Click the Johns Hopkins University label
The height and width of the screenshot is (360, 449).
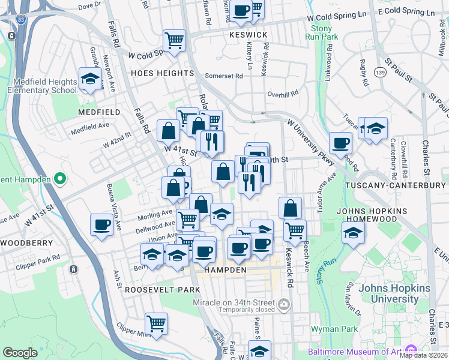(x=394, y=293)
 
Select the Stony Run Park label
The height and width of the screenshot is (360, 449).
(x=322, y=33)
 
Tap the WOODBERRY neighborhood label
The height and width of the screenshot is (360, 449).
(x=23, y=243)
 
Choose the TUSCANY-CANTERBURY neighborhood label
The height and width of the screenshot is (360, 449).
(x=397, y=186)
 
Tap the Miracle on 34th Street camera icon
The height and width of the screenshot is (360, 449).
(x=284, y=307)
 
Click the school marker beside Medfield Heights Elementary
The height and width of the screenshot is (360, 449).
(x=90, y=80)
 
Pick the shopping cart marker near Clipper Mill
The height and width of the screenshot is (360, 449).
(x=156, y=323)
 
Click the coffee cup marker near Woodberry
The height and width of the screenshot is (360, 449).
(x=101, y=225)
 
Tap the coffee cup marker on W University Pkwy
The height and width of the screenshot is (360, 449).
(x=341, y=143)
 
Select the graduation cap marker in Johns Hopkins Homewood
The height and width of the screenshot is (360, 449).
(x=354, y=233)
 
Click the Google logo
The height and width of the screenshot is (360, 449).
(x=20, y=353)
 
